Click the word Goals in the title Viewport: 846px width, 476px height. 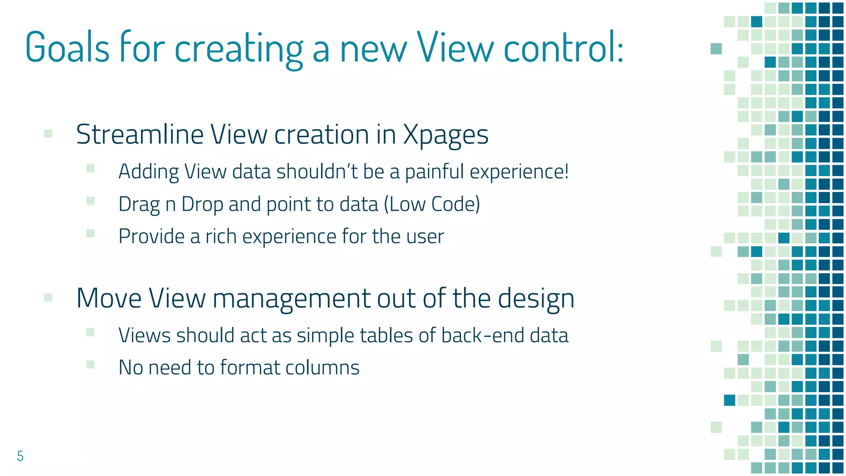(x=67, y=48)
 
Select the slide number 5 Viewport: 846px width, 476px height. (x=20, y=456)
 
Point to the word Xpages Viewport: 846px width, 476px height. (x=445, y=136)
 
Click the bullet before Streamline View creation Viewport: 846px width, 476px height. (x=48, y=133)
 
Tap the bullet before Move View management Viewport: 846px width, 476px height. (x=48, y=297)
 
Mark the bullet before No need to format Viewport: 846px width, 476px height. (x=90, y=364)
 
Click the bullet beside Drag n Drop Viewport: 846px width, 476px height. (x=90, y=201)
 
